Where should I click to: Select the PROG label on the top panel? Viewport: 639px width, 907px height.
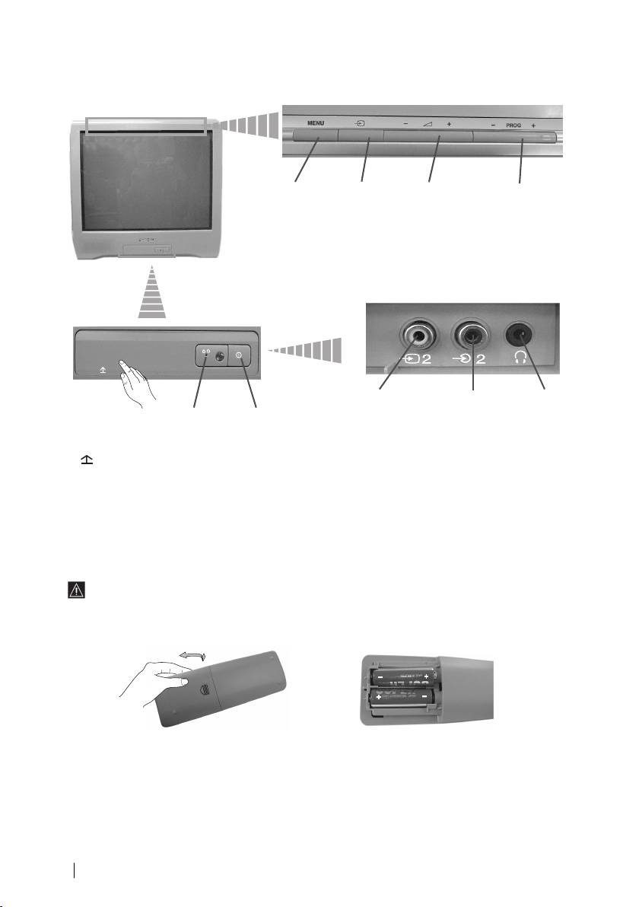515,123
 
